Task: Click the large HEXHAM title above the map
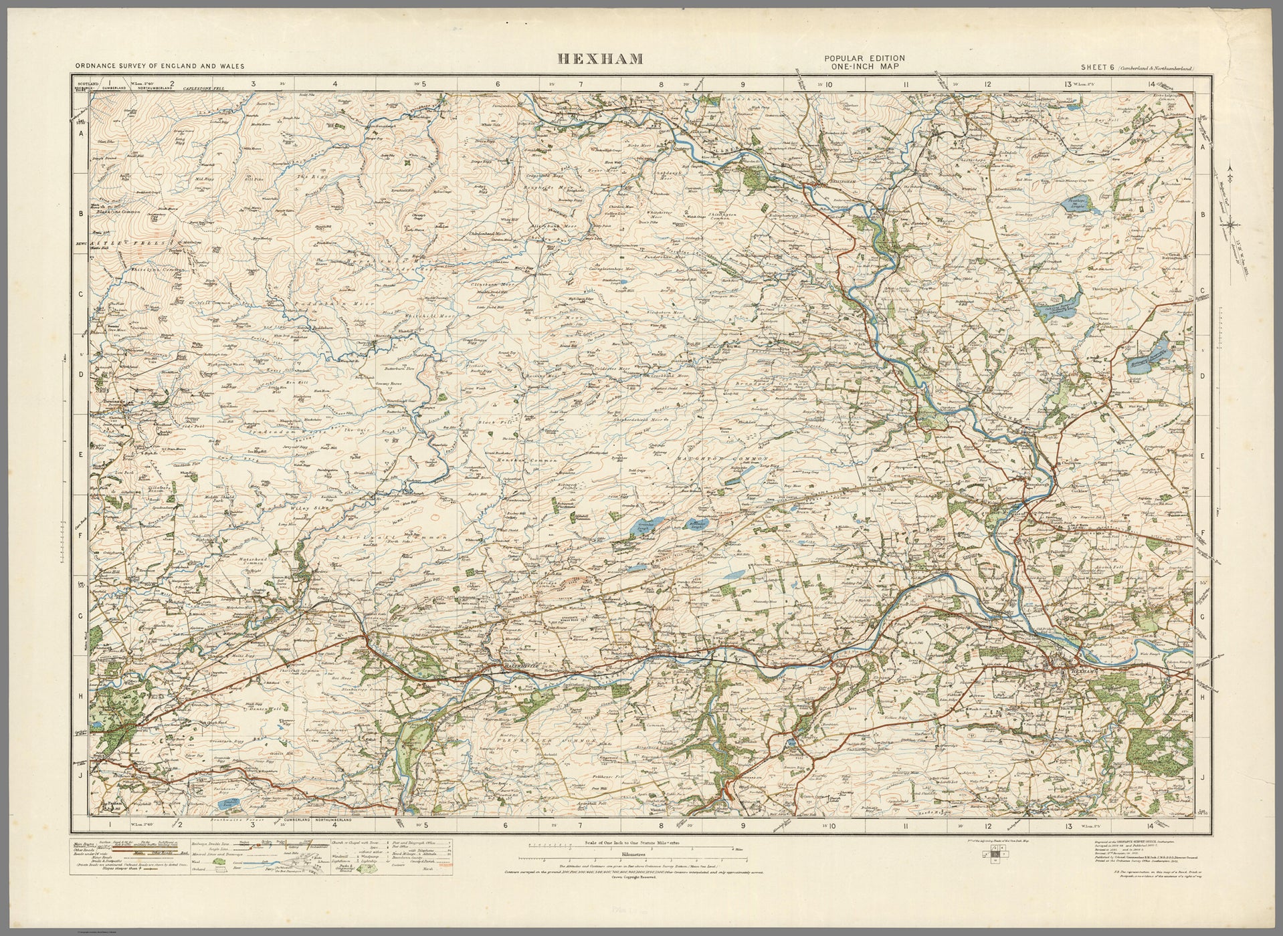pyautogui.click(x=601, y=60)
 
